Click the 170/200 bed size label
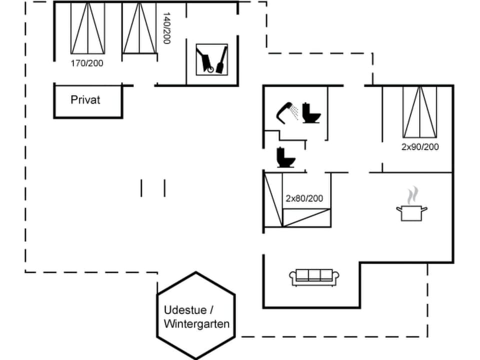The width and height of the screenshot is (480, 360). pos(88,63)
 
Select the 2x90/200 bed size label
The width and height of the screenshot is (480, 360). pos(420,147)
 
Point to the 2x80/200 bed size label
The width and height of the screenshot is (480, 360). pos(304,198)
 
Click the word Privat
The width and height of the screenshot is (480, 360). pos(85,99)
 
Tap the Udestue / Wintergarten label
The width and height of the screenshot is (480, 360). pos(196,316)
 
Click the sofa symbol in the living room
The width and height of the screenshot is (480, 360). pos(314,277)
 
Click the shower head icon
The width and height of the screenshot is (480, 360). pos(285,111)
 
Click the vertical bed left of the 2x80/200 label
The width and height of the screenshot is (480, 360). pos(273,199)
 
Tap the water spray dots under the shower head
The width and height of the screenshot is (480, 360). pos(295,113)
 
